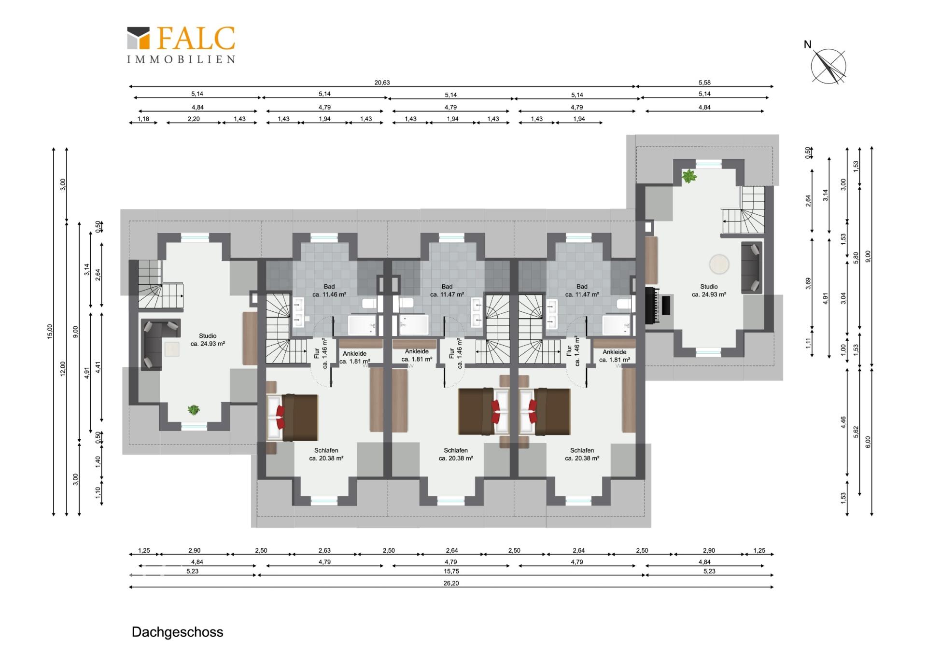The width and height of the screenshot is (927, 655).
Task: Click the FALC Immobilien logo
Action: coord(181,44)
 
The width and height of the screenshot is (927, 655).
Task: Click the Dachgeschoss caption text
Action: coord(177,632)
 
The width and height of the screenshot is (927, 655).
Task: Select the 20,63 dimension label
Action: coord(382,83)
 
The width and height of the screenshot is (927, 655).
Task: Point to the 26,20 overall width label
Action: coord(451,583)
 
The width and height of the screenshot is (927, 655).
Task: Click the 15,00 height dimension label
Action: coord(50,331)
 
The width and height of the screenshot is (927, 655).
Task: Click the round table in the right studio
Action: coord(719,264)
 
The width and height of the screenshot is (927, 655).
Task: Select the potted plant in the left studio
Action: coord(194,410)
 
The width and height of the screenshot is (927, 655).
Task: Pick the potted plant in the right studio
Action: coord(689,176)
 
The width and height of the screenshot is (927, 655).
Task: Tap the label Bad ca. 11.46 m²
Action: coord(329,290)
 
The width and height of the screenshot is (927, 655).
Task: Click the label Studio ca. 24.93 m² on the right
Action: coord(709,290)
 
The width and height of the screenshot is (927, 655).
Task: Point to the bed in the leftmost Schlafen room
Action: coord(293,418)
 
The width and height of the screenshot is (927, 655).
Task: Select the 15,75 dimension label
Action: coord(451,571)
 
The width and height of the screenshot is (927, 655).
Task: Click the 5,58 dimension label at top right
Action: coord(704,83)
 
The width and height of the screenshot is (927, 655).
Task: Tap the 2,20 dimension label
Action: coord(194,119)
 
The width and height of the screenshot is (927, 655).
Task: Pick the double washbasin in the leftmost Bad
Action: coord(298,312)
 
